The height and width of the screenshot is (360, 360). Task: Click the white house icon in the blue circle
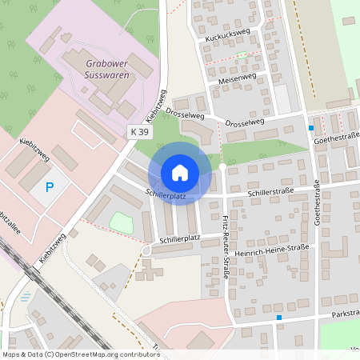click(180, 172)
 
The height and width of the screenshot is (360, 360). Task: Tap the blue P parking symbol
click(49, 188)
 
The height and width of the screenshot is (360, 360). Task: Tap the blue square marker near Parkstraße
click(279, 318)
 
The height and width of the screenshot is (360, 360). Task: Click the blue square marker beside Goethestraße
click(311, 128)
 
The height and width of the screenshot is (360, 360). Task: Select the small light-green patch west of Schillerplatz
click(121, 222)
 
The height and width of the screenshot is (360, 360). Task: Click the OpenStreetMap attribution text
click(81, 354)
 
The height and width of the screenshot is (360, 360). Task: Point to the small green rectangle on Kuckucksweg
click(242, 55)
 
